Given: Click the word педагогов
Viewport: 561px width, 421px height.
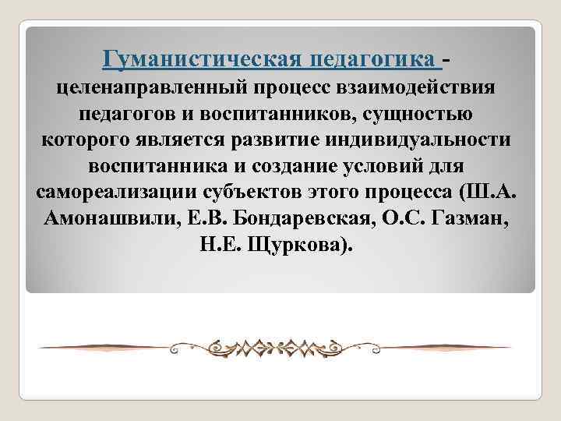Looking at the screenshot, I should [129, 114].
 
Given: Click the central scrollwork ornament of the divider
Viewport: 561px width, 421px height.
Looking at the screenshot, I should [280, 345].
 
